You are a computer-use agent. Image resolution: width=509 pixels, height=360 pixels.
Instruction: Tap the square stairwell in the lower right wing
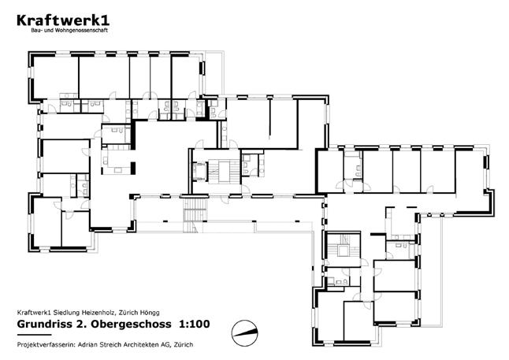[x=344, y=247]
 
